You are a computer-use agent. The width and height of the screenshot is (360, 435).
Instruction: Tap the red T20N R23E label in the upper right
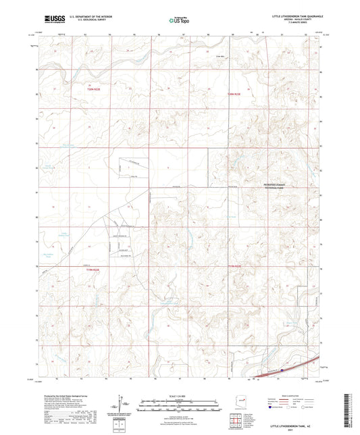[234, 94]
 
